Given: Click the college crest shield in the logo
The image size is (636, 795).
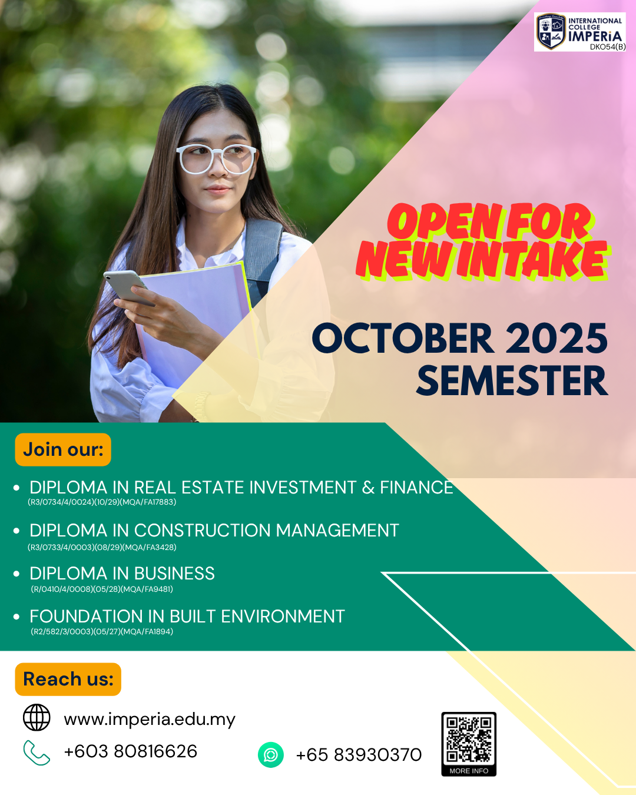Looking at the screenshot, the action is (551, 31).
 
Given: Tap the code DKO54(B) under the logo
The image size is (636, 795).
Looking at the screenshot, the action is (608, 47).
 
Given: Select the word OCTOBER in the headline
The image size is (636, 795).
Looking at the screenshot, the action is (403, 338).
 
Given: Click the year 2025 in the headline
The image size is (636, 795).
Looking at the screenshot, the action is (556, 338).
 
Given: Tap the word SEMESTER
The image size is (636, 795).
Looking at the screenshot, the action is (512, 381).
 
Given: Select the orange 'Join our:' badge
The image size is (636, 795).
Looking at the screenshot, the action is (63, 449).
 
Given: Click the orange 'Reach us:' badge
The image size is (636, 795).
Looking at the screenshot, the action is (68, 680).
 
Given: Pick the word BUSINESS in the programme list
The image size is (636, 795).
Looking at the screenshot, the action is (174, 574).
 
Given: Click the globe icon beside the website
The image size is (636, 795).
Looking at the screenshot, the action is (37, 717).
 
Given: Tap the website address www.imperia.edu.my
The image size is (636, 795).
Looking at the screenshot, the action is (150, 720).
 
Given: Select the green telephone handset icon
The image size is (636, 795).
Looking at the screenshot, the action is (36, 753).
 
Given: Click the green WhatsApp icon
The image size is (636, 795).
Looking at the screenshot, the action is (271, 755).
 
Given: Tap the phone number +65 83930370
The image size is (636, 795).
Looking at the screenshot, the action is (359, 755).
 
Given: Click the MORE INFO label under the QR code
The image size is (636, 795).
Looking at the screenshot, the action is (469, 771).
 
